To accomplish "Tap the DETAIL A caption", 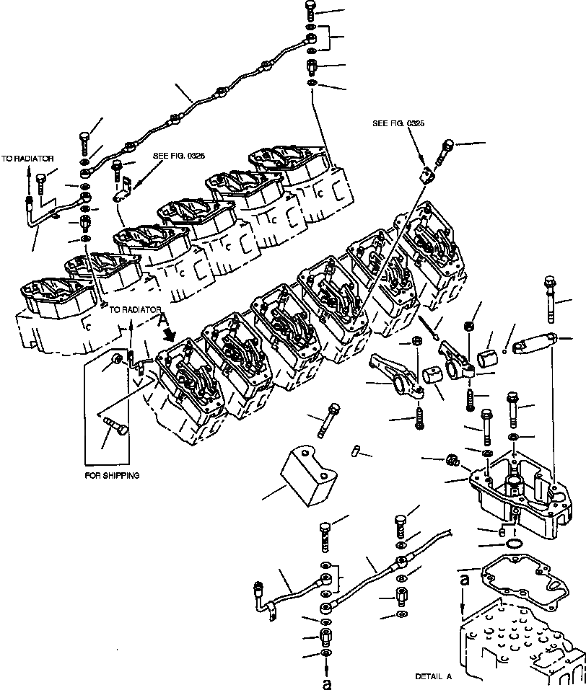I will (433, 676).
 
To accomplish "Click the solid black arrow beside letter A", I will (171, 333).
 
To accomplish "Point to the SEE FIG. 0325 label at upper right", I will (398, 123).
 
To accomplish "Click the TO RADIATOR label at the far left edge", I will (27, 158).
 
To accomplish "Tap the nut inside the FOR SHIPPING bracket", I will (116, 358).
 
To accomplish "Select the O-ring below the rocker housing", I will (514, 543).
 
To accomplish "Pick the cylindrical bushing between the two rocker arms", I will (434, 375).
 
